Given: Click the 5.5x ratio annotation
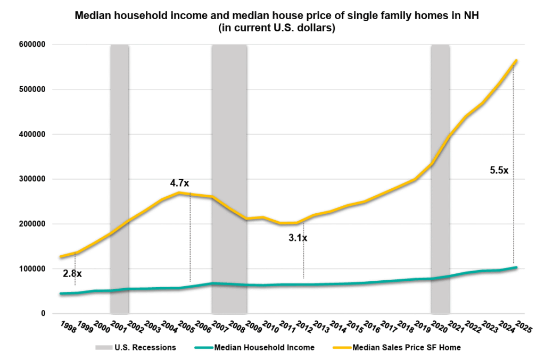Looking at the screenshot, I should pos(499,171).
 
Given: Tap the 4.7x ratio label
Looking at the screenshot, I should pos(179,183).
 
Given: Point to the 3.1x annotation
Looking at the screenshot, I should pos(298,238).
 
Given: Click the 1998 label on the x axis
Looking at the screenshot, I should pos(68,326).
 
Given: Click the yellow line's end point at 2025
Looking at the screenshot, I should pos(516,61).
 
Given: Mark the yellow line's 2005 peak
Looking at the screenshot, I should pos(179,192).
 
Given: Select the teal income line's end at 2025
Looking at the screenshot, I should pos(516,267).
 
